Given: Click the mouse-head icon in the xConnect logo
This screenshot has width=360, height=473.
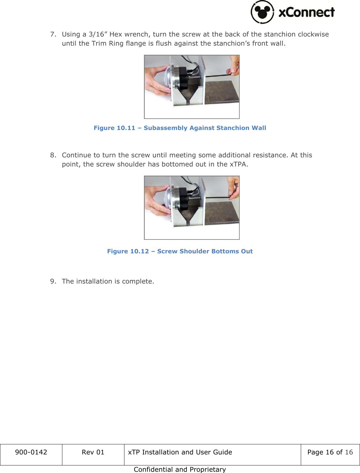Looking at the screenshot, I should point(262,12).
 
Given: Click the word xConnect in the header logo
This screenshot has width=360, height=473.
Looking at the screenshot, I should point(306,12).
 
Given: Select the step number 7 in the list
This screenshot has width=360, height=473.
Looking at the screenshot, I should point(53,34).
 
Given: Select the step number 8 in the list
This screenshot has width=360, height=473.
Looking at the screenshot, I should point(53,155).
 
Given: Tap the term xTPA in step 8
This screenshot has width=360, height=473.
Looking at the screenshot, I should point(238,164).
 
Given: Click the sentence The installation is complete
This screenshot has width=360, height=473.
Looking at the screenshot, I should point(108,281).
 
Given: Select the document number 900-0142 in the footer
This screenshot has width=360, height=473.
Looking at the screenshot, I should point(31,452).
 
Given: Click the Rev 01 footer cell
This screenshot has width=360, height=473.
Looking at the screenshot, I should point(93,452).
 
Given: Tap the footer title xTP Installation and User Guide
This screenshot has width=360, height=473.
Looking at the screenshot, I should point(180,452).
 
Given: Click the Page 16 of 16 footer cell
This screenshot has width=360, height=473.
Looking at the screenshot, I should point(330,452).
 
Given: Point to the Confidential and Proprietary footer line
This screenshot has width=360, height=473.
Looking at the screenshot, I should point(180,469).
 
